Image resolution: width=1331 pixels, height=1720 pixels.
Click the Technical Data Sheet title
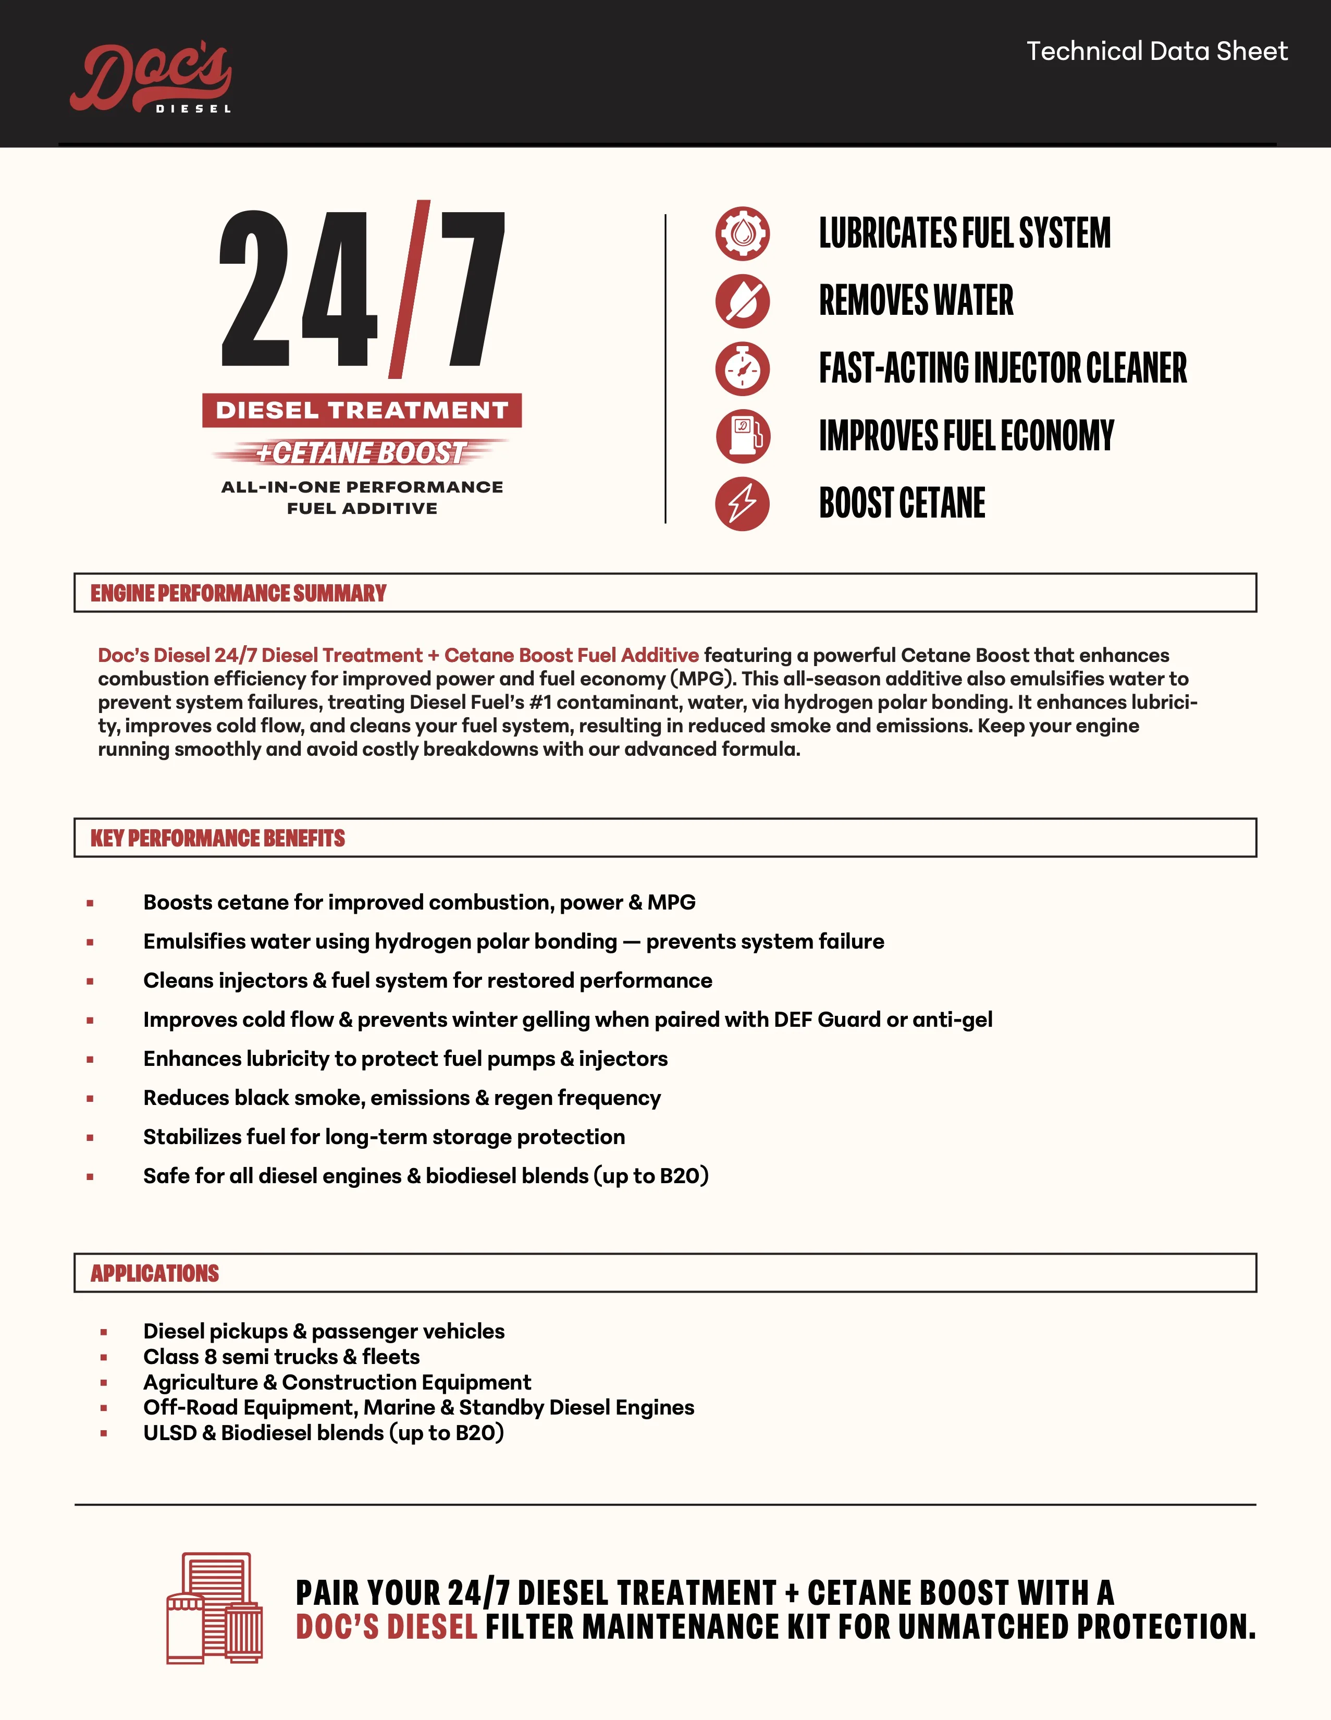pos(1156,51)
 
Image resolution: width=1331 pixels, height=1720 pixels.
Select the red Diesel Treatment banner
pos(362,410)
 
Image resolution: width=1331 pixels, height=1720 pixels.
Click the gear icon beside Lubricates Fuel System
pos(742,233)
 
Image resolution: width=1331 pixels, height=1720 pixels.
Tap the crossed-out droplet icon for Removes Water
pos(742,301)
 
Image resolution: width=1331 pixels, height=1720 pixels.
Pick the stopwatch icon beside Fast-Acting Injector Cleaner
pos(742,368)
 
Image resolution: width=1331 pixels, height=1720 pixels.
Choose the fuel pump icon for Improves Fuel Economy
pos(742,436)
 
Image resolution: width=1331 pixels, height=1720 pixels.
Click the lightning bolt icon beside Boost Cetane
pos(742,503)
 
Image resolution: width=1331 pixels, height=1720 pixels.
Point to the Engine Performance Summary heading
pos(238,593)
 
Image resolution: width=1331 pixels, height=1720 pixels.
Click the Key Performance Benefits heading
pos(217,838)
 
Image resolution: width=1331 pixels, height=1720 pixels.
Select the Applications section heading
pos(154,1273)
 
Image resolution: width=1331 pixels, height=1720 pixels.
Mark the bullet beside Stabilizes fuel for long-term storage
pos(90,1137)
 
